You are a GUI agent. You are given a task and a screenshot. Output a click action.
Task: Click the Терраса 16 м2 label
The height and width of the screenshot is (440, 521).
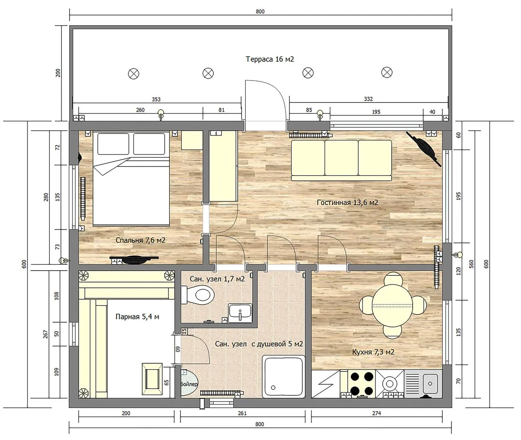pos(270,59)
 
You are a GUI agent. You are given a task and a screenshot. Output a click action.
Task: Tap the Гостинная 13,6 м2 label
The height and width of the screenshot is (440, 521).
pos(347,202)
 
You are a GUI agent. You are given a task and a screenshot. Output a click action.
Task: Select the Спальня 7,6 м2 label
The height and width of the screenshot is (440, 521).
pos(141,240)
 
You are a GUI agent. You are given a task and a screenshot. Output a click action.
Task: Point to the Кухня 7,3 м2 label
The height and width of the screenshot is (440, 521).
pos(373,352)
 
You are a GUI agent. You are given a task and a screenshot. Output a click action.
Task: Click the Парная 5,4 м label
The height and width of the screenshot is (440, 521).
pos(137,317)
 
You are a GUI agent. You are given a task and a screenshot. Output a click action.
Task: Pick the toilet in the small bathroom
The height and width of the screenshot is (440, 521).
pos(197,295)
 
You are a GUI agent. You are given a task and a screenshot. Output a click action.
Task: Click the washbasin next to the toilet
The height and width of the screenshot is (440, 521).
pos(240,313)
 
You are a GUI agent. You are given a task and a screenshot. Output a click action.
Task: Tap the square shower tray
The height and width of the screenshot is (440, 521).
pos(283,376)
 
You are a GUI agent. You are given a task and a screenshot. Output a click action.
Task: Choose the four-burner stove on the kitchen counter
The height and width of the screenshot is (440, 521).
pos(362,384)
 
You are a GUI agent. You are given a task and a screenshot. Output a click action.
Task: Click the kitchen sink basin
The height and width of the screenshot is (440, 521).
pos(430,383)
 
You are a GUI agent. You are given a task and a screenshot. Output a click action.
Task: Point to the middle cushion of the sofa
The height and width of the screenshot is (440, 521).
pos(341,158)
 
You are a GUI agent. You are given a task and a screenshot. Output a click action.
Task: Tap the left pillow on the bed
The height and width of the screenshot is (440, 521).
pos(113,144)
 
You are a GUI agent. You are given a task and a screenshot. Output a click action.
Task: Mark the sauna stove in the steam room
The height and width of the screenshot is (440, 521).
pos(152,379)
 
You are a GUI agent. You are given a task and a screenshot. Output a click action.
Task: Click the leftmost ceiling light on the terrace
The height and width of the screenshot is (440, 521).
pos(133,74)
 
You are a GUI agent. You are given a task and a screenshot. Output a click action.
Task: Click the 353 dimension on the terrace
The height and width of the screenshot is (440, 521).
pos(156,99)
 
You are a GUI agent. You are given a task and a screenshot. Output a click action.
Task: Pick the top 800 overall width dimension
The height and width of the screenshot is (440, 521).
pos(260,11)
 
